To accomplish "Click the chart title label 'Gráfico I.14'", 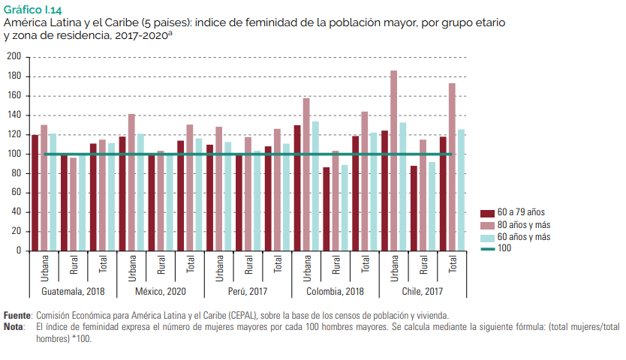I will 33,10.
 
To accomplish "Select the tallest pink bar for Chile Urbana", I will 393,160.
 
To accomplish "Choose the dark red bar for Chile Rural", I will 414,208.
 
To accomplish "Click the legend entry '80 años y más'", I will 525,225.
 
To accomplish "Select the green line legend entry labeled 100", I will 504,248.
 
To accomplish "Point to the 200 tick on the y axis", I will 14,57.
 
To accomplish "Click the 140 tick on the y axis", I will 14,115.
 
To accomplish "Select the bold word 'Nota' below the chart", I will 14,327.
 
